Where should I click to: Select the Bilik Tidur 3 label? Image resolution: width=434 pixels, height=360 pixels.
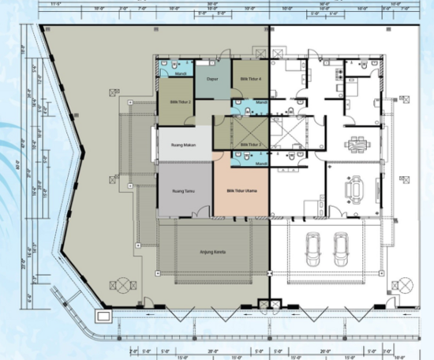(x=251, y=145)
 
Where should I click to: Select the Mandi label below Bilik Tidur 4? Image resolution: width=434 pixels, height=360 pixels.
(x=262, y=102)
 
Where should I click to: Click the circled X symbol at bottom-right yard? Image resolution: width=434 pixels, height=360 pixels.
(x=403, y=283)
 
